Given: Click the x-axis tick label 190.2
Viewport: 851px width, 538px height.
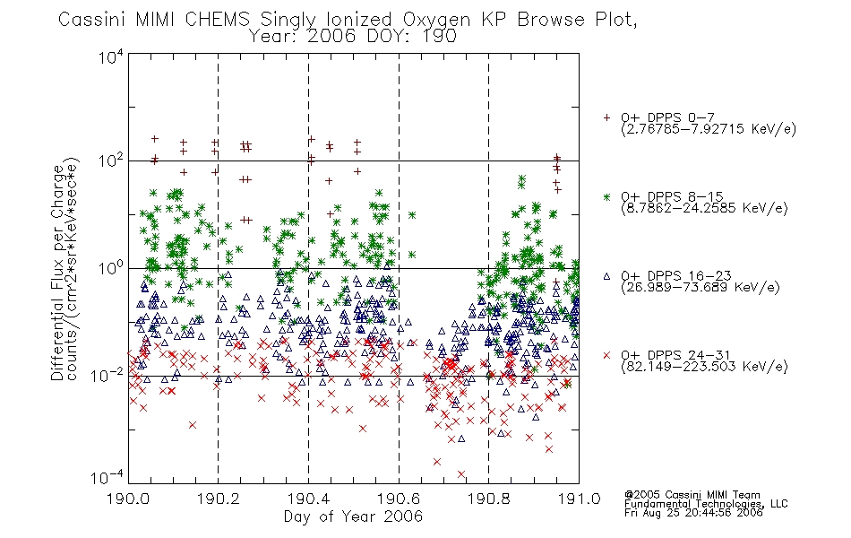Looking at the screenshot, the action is [x=219, y=499].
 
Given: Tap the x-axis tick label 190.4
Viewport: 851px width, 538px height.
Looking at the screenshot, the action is [x=308, y=499].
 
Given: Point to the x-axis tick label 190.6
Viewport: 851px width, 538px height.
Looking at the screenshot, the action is [x=399, y=499].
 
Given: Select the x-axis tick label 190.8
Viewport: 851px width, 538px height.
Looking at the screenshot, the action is [x=488, y=499].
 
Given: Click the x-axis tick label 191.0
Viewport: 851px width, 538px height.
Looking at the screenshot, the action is [x=579, y=499].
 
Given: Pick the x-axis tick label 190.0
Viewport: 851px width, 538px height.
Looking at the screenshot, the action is [x=128, y=499].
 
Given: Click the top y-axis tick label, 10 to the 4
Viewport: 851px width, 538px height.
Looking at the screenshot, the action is [x=111, y=57].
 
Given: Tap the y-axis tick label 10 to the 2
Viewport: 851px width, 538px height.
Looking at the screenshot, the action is [x=111, y=161].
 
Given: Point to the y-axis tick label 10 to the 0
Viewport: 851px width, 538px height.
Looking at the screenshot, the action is [x=111, y=269].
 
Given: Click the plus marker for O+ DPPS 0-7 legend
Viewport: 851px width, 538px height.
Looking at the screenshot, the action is [x=606, y=117].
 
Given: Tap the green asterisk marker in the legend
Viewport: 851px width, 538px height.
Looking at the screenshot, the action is [x=606, y=196].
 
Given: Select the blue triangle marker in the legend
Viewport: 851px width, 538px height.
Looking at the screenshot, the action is [x=606, y=276].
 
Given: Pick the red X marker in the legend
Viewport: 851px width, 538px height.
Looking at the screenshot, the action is [x=606, y=355].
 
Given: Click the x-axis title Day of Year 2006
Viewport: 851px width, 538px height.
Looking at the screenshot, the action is [x=353, y=516].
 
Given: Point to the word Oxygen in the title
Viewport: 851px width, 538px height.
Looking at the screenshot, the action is [x=436, y=21].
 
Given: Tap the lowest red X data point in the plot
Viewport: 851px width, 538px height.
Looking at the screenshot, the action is [x=461, y=474].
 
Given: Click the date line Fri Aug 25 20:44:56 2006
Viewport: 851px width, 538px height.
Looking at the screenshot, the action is [x=693, y=513].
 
